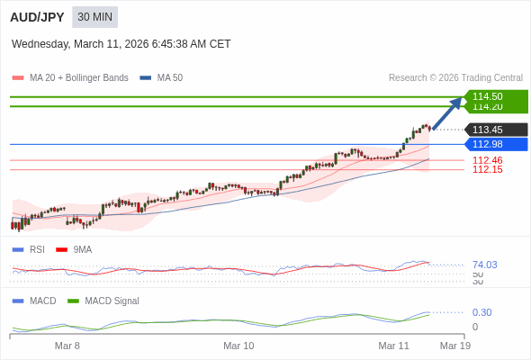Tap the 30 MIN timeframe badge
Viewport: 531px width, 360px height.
click(x=94, y=17)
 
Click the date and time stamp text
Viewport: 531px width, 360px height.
click(x=121, y=43)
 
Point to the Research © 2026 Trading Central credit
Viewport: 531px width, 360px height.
click(x=455, y=78)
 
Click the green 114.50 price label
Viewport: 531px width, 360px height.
click(x=495, y=96)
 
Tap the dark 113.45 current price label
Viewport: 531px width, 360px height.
click(x=495, y=130)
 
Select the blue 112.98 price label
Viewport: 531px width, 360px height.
click(x=495, y=144)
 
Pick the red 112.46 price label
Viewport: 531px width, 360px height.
click(x=487, y=160)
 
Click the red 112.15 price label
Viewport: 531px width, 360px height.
click(x=487, y=169)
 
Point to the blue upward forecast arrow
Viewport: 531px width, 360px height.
click(x=447, y=113)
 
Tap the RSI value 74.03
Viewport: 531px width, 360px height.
click(x=484, y=265)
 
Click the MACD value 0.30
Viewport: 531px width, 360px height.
click(x=481, y=312)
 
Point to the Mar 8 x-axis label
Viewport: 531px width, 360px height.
click(x=67, y=346)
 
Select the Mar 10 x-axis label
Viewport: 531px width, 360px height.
click(x=238, y=346)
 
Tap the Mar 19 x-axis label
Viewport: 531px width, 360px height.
click(x=454, y=346)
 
